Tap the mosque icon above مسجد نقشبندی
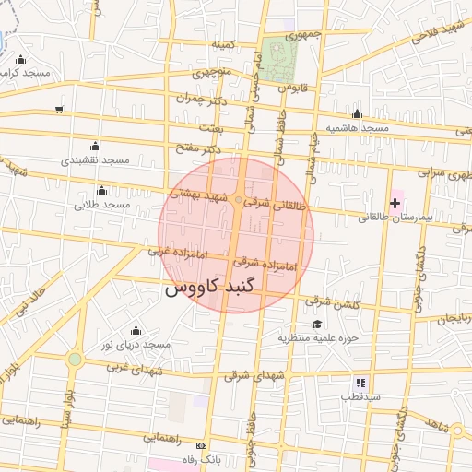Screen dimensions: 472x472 95,146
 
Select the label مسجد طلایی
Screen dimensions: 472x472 101,204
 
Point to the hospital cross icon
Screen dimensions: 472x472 395,202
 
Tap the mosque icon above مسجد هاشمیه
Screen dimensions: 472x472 357,113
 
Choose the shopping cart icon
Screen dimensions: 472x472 59,110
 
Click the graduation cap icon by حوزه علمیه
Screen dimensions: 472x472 317,324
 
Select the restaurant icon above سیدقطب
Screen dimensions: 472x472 360,382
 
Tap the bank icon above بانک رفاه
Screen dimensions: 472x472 202,445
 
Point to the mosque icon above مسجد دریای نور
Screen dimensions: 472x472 136,330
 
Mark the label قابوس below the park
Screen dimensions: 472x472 289,88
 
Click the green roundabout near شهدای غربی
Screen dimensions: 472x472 75,359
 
